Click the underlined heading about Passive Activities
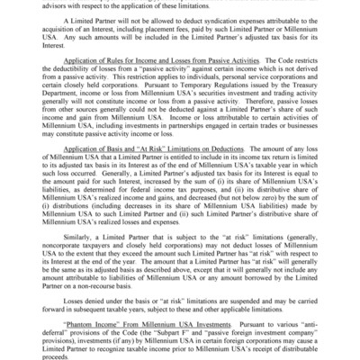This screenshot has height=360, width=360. coord(136,79)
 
